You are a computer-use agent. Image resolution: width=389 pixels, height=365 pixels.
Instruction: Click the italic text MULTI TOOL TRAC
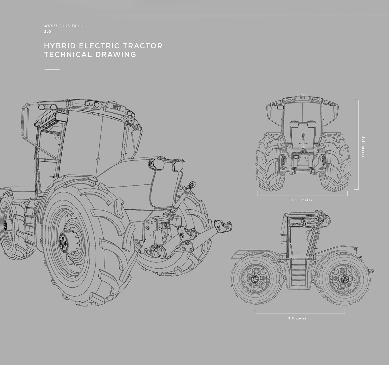pyautogui.click(x=63, y=26)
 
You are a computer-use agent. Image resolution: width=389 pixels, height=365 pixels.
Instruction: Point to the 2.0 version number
pyautogui.click(x=48, y=32)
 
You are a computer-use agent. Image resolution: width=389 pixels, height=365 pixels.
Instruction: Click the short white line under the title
pyautogui.click(x=52, y=69)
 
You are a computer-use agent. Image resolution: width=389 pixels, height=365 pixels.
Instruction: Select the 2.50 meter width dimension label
pyautogui.click(x=302, y=200)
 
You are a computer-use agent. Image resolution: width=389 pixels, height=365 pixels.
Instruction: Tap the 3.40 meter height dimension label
pyautogui.click(x=363, y=147)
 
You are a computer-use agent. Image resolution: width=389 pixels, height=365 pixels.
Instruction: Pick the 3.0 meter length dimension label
pyautogui.click(x=297, y=318)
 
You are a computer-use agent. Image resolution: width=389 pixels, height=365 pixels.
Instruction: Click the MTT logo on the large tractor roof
pyautogui.click(x=117, y=107)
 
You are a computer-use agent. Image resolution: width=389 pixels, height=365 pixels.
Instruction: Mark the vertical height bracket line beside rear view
pyautogui.click(x=358, y=144)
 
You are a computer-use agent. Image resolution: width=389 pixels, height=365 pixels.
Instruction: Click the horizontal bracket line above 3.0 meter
pyautogui.click(x=300, y=313)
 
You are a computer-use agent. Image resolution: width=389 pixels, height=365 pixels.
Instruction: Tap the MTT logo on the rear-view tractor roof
pyautogui.click(x=303, y=98)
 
